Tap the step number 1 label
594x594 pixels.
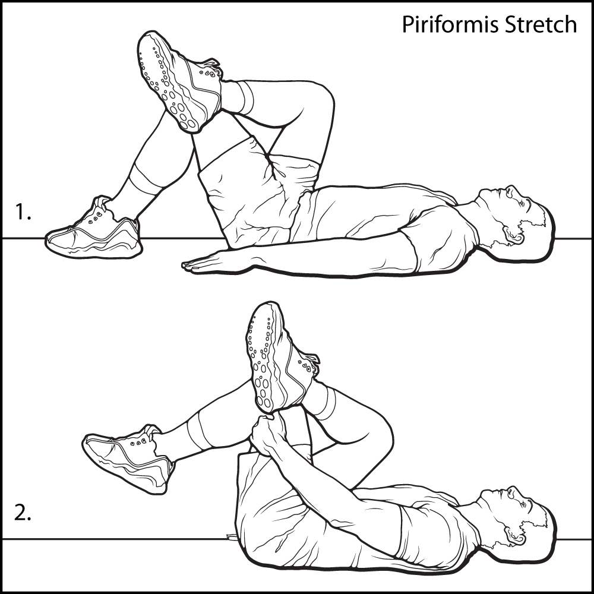tap(23, 211)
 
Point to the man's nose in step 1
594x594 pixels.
tap(510, 191)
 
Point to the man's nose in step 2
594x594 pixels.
tap(512, 491)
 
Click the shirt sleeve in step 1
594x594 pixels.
tap(440, 235)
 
